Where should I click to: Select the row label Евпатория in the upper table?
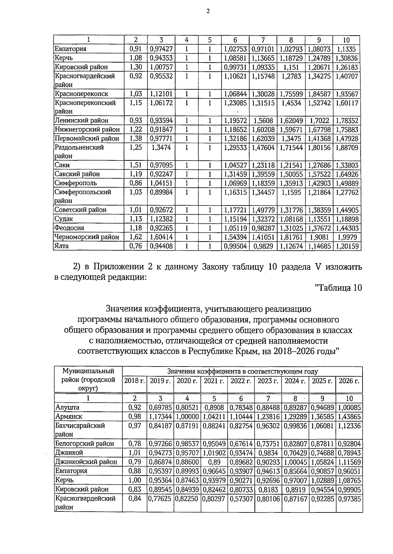pos(70,49)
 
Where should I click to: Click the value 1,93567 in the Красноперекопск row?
pos(347,94)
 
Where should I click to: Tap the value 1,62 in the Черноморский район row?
pos(136,237)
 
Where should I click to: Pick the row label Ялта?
pos(62,246)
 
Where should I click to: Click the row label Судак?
pos(64,219)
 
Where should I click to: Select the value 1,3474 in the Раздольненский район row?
pos(161,147)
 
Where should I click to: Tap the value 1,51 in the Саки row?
pos(136,165)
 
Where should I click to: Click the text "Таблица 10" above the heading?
pos(338,288)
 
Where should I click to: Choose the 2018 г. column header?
pos(134,381)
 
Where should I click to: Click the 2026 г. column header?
pos(349,381)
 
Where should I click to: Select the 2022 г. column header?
pos(241,381)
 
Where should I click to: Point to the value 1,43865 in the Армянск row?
pos(349,417)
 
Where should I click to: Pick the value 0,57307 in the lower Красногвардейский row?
pos(241,499)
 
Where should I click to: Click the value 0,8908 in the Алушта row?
pos(214,407)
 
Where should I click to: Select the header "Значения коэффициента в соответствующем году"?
pos(242,371)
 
